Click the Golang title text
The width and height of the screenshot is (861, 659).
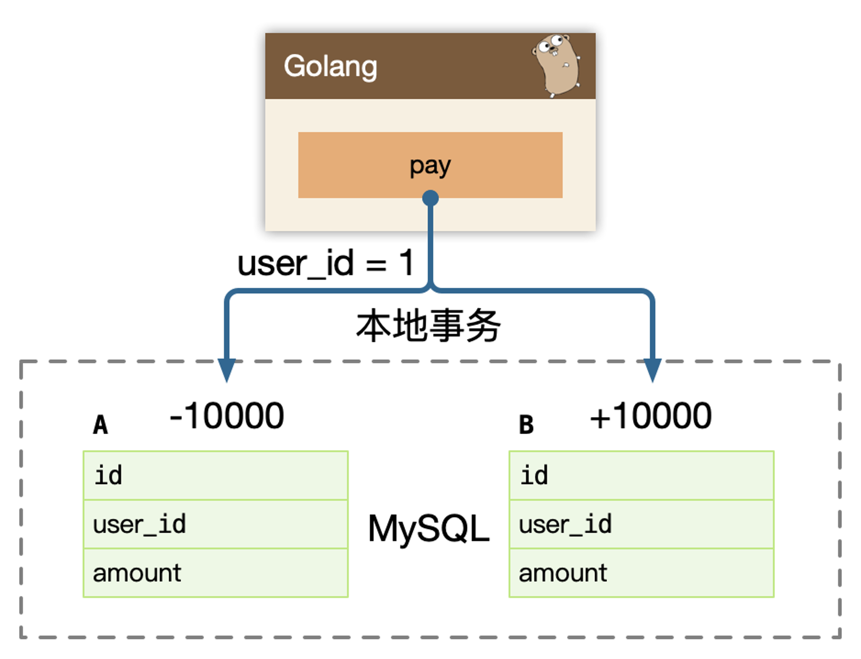tap(331, 66)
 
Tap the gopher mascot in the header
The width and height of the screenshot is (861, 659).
tap(557, 66)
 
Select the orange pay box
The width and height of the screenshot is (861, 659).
tap(430, 165)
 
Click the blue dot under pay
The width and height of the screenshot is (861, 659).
tap(430, 198)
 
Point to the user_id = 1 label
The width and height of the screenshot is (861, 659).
tap(326, 264)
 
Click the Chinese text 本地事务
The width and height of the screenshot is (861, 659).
tap(429, 326)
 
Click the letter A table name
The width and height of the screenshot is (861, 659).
tap(100, 424)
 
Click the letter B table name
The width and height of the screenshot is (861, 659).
tap(526, 424)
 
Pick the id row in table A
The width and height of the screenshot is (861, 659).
tap(215, 475)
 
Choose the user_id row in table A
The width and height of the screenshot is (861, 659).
tap(215, 524)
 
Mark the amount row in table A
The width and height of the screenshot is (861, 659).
tap(215, 573)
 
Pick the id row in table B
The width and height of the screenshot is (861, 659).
tap(641, 475)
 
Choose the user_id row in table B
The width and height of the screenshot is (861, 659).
tap(641, 524)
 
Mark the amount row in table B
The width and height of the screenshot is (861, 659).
tap(641, 573)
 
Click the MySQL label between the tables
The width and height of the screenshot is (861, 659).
tap(429, 529)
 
